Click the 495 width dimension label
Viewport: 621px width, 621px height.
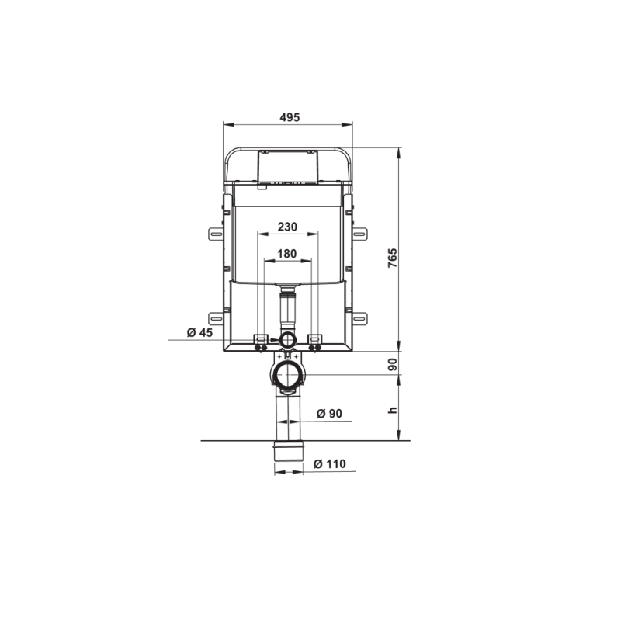coord(290,117)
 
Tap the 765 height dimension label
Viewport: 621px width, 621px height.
coord(392,258)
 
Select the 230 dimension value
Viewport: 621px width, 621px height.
coord(287,227)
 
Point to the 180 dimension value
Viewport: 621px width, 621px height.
coord(286,254)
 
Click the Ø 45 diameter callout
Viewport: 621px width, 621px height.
coord(200,332)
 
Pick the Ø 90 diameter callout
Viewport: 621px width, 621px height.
coord(329,414)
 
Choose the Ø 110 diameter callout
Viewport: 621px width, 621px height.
coord(329,463)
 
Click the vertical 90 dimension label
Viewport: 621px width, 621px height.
coord(392,364)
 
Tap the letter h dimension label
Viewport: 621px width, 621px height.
coord(392,410)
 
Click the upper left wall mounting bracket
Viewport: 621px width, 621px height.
coord(216,234)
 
